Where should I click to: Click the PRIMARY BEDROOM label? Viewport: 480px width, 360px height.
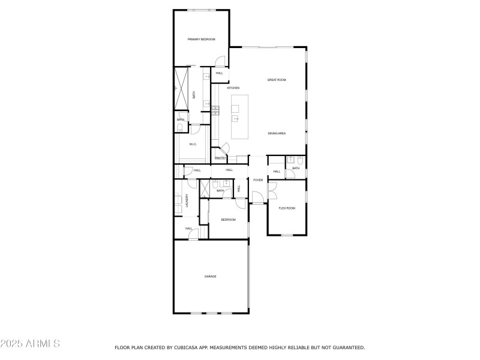[201, 40]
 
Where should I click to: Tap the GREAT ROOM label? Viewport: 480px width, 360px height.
[277, 80]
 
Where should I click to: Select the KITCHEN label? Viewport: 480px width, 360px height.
[233, 88]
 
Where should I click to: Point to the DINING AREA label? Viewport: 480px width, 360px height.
[277, 133]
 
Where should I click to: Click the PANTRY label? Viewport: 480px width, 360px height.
[220, 158]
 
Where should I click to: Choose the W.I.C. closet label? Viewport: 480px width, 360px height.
[193, 144]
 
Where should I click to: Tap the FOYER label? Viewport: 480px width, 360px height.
[258, 180]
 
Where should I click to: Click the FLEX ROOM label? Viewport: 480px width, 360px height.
[287, 208]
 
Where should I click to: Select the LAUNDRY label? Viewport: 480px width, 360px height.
[187, 200]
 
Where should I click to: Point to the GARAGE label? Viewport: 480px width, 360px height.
[210, 277]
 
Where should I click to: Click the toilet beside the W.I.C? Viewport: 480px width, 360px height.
[181, 126]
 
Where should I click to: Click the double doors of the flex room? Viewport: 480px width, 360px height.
[271, 190]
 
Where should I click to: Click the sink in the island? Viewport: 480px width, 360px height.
[236, 119]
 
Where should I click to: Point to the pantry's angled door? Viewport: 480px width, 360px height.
[224, 148]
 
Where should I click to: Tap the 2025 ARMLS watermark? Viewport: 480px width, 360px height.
[30, 344]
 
